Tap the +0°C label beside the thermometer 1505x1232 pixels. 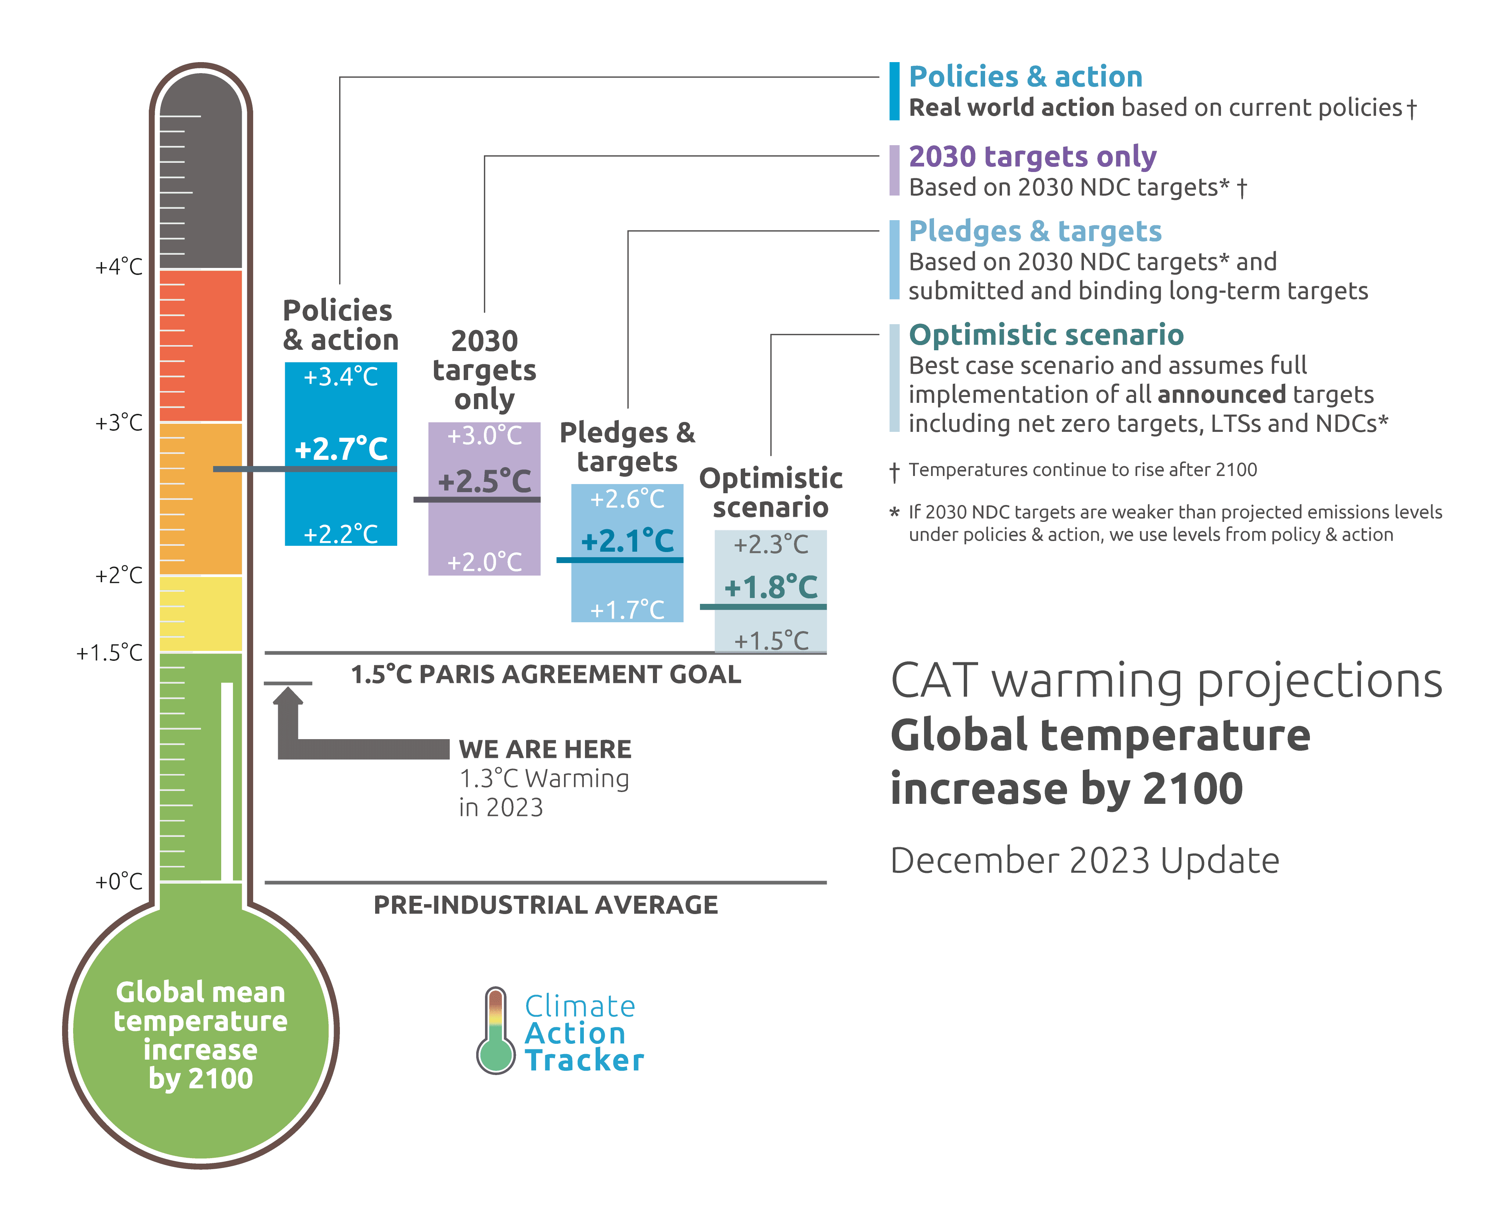click(119, 881)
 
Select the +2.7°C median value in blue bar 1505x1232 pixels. click(341, 448)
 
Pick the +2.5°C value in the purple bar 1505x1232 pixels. click(485, 481)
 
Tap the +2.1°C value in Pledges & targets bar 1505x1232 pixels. click(627, 541)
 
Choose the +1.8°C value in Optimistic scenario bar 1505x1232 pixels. click(771, 587)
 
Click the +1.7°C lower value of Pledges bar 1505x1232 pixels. click(627, 610)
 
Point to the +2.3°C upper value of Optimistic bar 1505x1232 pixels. click(771, 544)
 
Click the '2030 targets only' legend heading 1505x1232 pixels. click(1032, 156)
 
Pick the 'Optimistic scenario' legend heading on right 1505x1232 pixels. click(1046, 334)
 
